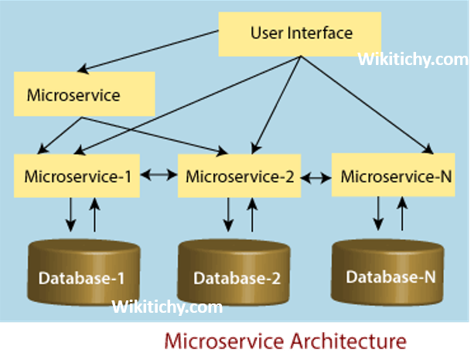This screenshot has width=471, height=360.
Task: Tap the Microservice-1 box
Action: [77, 175]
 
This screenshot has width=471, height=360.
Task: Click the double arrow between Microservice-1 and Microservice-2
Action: [159, 176]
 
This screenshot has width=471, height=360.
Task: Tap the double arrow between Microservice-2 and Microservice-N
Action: [315, 177]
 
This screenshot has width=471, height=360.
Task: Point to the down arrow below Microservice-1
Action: [70, 214]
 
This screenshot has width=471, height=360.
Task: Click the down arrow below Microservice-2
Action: [228, 214]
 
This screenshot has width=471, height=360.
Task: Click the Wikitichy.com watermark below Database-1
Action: [167, 307]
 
